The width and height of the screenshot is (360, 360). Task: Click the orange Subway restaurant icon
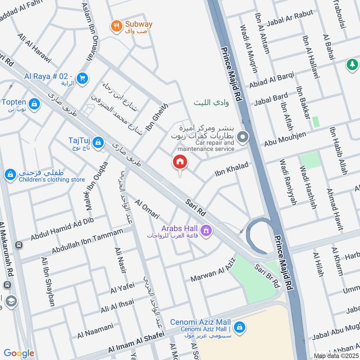[117, 27]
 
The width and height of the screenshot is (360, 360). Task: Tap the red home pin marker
[180, 162]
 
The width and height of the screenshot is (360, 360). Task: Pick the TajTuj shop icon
[99, 144]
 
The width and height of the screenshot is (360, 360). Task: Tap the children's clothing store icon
[10, 174]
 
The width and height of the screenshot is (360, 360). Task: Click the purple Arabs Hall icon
[207, 231]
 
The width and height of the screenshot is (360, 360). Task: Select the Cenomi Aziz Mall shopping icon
[239, 326]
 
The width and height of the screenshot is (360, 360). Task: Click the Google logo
[19, 353]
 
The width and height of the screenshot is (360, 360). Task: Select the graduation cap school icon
[12, 301]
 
